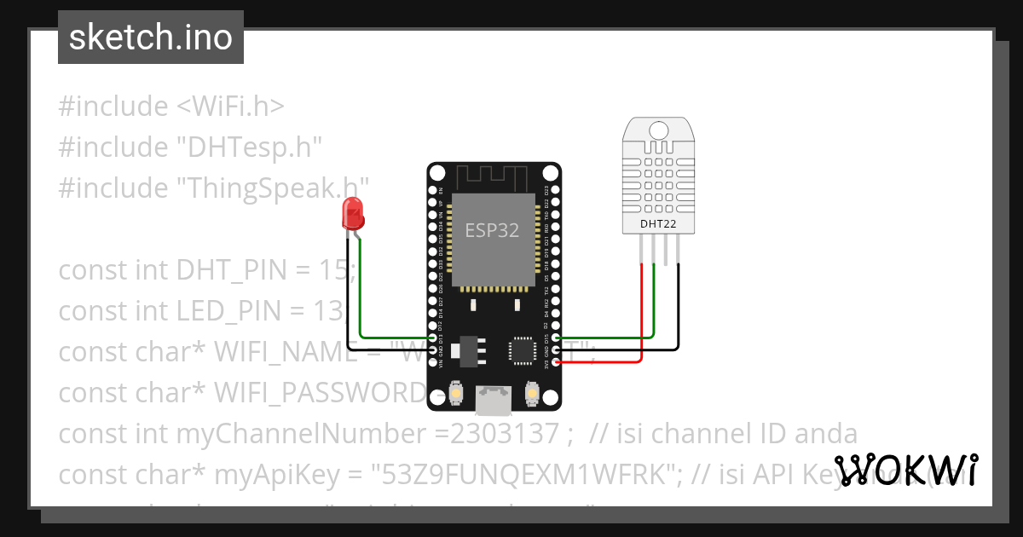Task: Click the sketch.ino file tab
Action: tap(150, 38)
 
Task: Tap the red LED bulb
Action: tap(352, 213)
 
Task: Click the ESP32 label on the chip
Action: tap(492, 230)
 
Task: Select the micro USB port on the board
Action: tap(494, 396)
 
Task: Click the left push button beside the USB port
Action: tap(458, 393)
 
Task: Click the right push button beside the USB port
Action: tap(532, 393)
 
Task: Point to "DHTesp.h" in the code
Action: tap(249, 147)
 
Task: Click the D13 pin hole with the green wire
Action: tap(433, 338)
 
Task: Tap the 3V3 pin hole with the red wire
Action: tap(557, 362)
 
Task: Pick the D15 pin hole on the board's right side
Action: tap(557, 338)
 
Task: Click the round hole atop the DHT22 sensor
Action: tap(658, 130)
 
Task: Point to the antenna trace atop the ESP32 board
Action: tap(494, 176)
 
